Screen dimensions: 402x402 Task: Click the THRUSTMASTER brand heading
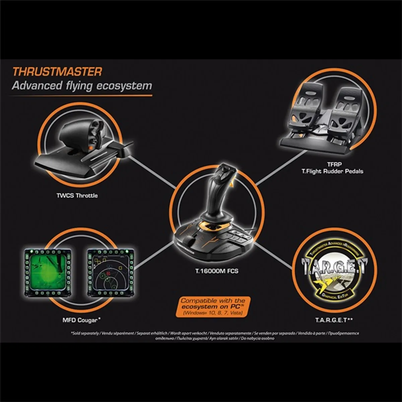(x=57, y=72)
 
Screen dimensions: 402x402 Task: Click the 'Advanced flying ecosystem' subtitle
(x=82, y=86)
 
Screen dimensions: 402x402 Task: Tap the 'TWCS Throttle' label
(x=77, y=195)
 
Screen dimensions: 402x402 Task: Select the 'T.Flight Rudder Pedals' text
(x=332, y=171)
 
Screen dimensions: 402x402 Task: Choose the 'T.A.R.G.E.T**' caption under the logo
(x=334, y=320)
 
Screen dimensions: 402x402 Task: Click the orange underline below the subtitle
(x=80, y=95)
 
